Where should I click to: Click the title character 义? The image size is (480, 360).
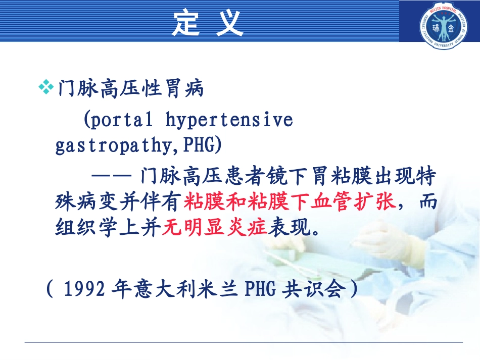tap(230, 23)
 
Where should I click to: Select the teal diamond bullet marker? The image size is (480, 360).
tap(45, 88)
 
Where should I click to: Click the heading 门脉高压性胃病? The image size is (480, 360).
tap(131, 89)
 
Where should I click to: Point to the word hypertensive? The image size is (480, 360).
tap(229, 120)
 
